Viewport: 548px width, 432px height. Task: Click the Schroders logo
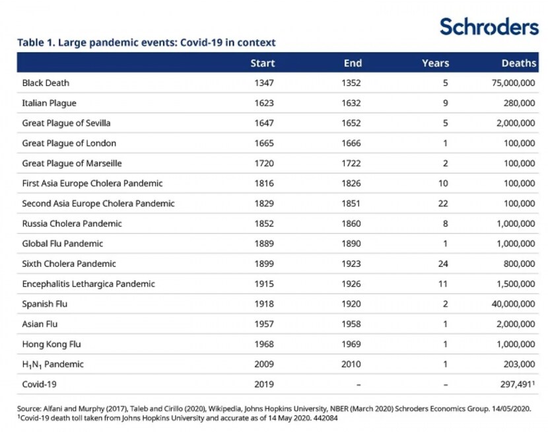pos(489,26)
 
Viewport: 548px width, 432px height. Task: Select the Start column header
pos(263,63)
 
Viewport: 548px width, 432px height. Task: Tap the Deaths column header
pos(519,63)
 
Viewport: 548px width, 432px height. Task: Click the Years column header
pos(435,63)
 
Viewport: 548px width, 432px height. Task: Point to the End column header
pos(353,63)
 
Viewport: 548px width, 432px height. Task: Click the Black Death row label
pos(46,83)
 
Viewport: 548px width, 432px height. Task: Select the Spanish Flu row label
pos(44,304)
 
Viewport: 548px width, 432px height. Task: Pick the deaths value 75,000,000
pos(513,83)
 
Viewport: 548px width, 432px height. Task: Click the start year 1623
pos(264,103)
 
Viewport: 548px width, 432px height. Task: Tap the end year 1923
pos(351,264)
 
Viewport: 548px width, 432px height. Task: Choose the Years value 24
pos(443,264)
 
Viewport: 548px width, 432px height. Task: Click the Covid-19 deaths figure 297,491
pos(516,384)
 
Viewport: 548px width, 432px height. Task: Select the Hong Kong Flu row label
pos(51,344)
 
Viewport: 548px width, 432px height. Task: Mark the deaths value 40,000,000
pos(513,304)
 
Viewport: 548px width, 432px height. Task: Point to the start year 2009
pos(264,364)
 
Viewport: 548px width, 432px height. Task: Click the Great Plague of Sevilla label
pos(66,123)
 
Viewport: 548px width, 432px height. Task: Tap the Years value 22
pos(443,203)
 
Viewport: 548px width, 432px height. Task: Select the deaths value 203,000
pos(519,364)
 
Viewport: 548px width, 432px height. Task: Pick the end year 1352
pos(351,83)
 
